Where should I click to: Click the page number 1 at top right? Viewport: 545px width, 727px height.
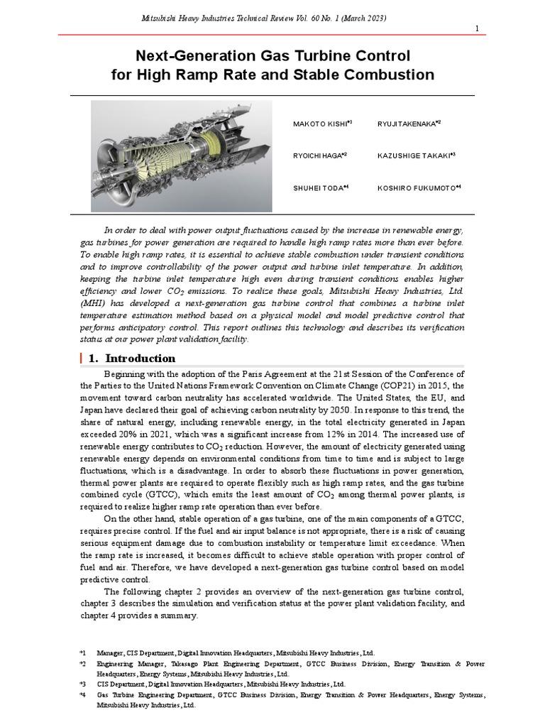(477, 28)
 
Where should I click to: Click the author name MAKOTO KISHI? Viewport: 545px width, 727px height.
(320, 124)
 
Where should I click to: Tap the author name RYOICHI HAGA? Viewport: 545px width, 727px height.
(318, 155)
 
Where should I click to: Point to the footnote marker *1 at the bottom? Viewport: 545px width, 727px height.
(82, 652)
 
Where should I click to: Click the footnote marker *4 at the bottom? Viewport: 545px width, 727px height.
(82, 695)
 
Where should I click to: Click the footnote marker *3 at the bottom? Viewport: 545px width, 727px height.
(82, 684)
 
